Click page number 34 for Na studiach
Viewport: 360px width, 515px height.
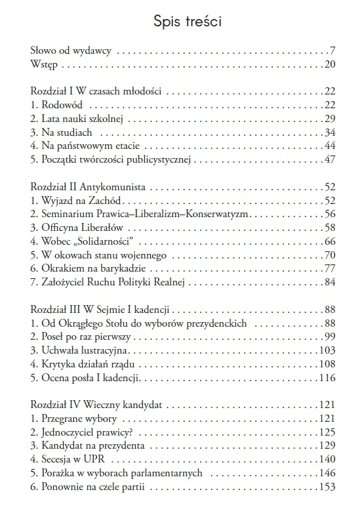point(330,133)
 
